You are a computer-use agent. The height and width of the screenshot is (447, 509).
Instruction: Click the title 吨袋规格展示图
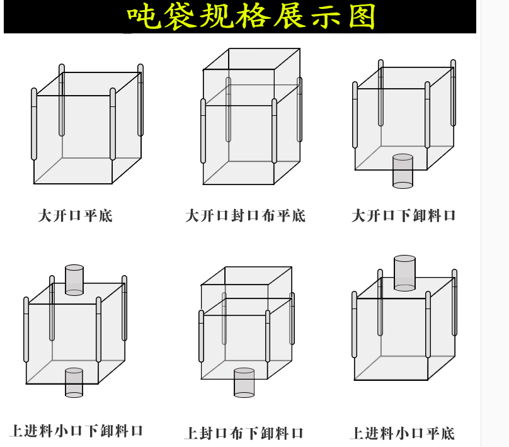tap(251, 16)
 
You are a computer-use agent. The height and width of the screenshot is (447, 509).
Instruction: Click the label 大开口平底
tap(75, 216)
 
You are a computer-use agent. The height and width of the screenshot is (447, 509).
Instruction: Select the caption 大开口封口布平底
tap(245, 216)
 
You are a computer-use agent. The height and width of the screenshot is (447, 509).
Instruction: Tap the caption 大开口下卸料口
tap(404, 216)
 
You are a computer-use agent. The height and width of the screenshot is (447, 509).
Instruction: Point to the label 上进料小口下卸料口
tap(77, 431)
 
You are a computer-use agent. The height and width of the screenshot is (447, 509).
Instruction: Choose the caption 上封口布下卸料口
tap(244, 433)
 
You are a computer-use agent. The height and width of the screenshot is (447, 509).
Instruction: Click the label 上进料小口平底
tap(403, 433)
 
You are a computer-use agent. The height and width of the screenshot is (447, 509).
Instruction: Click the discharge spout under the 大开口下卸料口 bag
tap(403, 171)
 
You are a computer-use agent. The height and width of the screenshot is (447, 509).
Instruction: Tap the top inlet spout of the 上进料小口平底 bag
tap(404, 273)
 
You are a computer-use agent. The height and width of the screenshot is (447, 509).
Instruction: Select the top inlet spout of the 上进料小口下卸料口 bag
tap(74, 280)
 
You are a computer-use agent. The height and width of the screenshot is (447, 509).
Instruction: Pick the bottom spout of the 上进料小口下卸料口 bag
tap(74, 383)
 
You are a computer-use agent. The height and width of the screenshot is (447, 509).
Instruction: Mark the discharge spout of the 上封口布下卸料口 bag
tap(244, 383)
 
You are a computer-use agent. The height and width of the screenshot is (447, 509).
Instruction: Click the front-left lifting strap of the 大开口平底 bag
tap(34, 124)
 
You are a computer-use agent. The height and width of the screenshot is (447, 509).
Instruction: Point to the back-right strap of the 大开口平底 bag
tap(140, 100)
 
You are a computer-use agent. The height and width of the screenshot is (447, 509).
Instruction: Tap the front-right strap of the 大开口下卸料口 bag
tap(427, 115)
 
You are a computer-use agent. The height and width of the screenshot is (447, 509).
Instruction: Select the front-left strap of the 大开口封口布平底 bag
tap(203, 131)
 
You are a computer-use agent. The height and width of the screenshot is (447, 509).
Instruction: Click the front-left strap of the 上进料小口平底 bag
tap(354, 325)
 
